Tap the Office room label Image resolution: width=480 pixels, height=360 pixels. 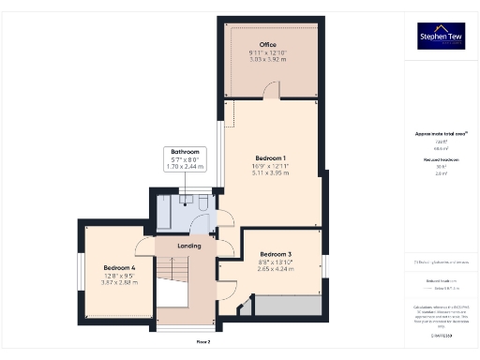point(273,44)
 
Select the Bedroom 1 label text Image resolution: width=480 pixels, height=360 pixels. point(271,157)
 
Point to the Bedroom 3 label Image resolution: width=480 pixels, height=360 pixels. point(276,254)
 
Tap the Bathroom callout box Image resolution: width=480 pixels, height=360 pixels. point(184,159)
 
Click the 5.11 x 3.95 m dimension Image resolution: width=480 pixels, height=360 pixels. point(271,172)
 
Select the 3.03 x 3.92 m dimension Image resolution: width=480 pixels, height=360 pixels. point(272,59)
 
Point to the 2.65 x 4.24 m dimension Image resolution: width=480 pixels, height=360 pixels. point(276,269)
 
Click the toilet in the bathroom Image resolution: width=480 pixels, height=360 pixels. point(202,201)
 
